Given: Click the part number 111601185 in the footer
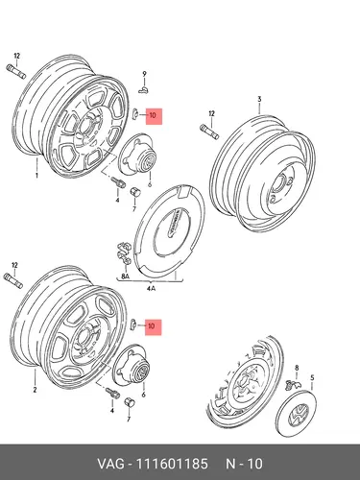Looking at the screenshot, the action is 172,464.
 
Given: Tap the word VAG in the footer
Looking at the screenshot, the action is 110,464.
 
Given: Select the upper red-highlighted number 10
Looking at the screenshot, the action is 153,115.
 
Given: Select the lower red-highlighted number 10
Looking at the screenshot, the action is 152,326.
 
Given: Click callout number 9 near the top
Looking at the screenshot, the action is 144,74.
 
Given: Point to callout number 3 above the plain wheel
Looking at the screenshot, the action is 259,99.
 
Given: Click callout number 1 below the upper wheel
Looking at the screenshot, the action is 36,176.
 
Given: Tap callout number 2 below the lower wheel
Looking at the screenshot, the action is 35,390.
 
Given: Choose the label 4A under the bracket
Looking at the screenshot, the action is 151,288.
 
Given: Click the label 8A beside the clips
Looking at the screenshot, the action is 125,276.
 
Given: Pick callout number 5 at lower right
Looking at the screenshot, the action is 312,378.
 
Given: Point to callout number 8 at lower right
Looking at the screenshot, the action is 297,368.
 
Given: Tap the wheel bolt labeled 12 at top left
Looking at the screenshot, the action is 15,71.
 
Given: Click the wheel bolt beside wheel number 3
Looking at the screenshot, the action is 209,132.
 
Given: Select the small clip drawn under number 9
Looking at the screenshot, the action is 144,90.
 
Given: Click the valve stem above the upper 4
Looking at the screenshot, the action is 118,183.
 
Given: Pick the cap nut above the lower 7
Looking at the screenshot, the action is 130,402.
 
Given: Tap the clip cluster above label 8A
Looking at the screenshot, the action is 124,253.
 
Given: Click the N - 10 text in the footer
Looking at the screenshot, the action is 244,464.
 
